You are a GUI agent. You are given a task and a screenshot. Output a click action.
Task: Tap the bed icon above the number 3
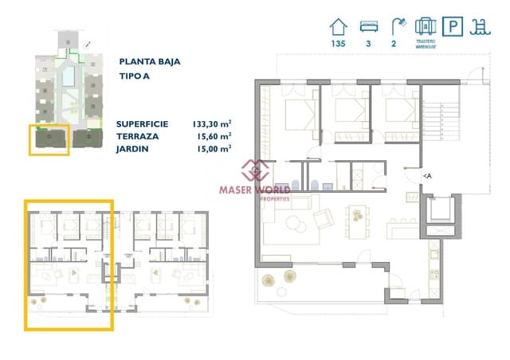(369, 25)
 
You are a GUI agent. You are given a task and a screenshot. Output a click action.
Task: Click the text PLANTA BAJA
(148, 61)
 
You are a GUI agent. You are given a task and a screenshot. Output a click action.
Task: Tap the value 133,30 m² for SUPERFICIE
(211, 124)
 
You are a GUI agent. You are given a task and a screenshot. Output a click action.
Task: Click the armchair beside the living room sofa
(325, 216)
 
